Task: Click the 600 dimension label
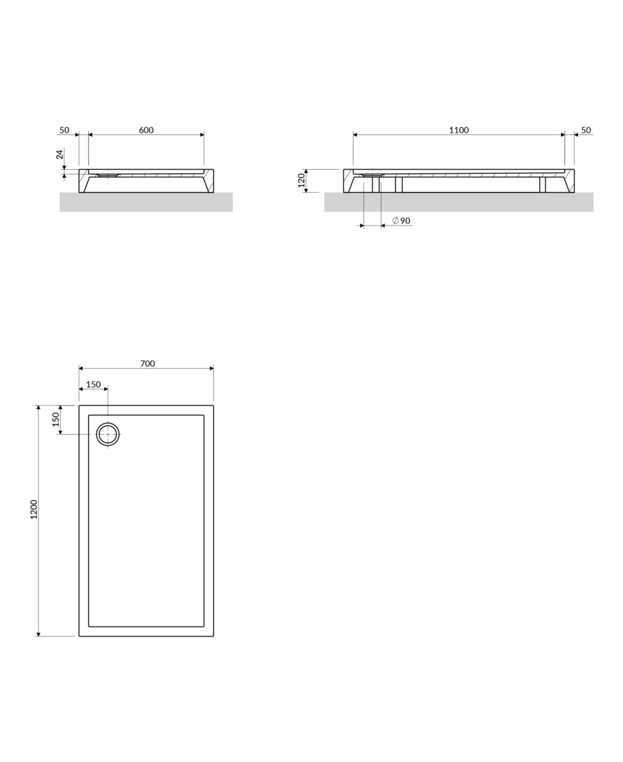(146, 130)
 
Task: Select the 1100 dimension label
(459, 130)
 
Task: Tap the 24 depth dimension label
(60, 154)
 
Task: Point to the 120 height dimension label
(301, 180)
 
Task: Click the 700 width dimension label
(148, 364)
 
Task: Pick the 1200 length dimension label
(34, 510)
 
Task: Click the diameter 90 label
(401, 220)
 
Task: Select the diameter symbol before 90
(396, 220)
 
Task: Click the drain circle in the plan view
(108, 423)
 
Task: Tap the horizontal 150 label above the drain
(93, 385)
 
